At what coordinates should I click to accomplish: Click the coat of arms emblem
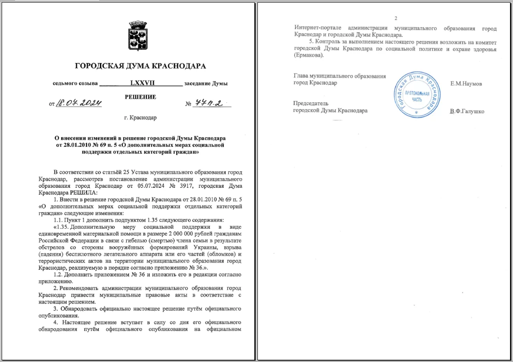(x=138, y=36)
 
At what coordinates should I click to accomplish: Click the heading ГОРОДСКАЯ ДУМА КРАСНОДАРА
(x=140, y=66)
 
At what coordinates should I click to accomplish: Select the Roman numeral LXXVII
(x=142, y=83)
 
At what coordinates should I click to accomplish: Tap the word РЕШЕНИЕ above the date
(x=140, y=97)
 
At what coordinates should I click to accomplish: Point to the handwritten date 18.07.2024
(x=79, y=103)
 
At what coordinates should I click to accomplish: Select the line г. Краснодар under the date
(x=140, y=118)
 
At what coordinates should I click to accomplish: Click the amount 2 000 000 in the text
(x=181, y=234)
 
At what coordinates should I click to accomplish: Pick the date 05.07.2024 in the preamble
(x=151, y=186)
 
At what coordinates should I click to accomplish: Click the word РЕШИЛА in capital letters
(x=83, y=193)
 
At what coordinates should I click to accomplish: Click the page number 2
(x=396, y=18)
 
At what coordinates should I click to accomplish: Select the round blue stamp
(x=417, y=95)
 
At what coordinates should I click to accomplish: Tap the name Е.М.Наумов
(x=466, y=84)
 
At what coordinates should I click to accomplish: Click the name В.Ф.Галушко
(x=467, y=111)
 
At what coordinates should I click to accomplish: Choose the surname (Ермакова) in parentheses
(x=309, y=56)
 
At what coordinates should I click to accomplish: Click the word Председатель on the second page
(x=310, y=104)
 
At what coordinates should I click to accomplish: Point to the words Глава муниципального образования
(x=339, y=76)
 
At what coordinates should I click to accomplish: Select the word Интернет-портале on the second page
(x=318, y=28)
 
